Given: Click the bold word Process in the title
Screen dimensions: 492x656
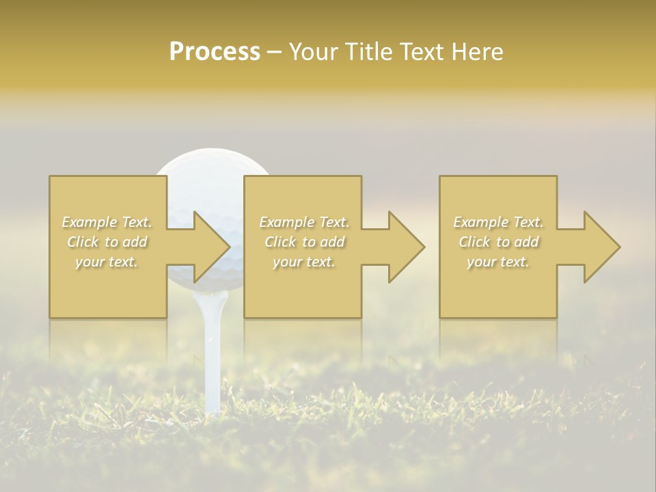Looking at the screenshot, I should [215, 52].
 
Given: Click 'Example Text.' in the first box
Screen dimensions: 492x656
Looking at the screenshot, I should [107, 222].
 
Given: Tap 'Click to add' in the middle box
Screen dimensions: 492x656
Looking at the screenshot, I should [304, 242].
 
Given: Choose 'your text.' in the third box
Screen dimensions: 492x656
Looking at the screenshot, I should [498, 262].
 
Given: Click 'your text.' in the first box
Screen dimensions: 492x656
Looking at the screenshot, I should [107, 262].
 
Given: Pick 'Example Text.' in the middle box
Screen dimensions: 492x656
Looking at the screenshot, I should [304, 222].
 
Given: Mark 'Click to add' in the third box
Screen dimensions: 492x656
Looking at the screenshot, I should [498, 242].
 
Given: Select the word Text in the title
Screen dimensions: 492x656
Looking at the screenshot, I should [422, 52].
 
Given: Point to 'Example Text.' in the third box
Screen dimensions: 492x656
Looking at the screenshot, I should [498, 222].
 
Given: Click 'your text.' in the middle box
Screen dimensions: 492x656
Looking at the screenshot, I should [304, 262].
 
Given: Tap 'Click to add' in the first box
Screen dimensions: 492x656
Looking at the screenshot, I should [107, 242].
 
